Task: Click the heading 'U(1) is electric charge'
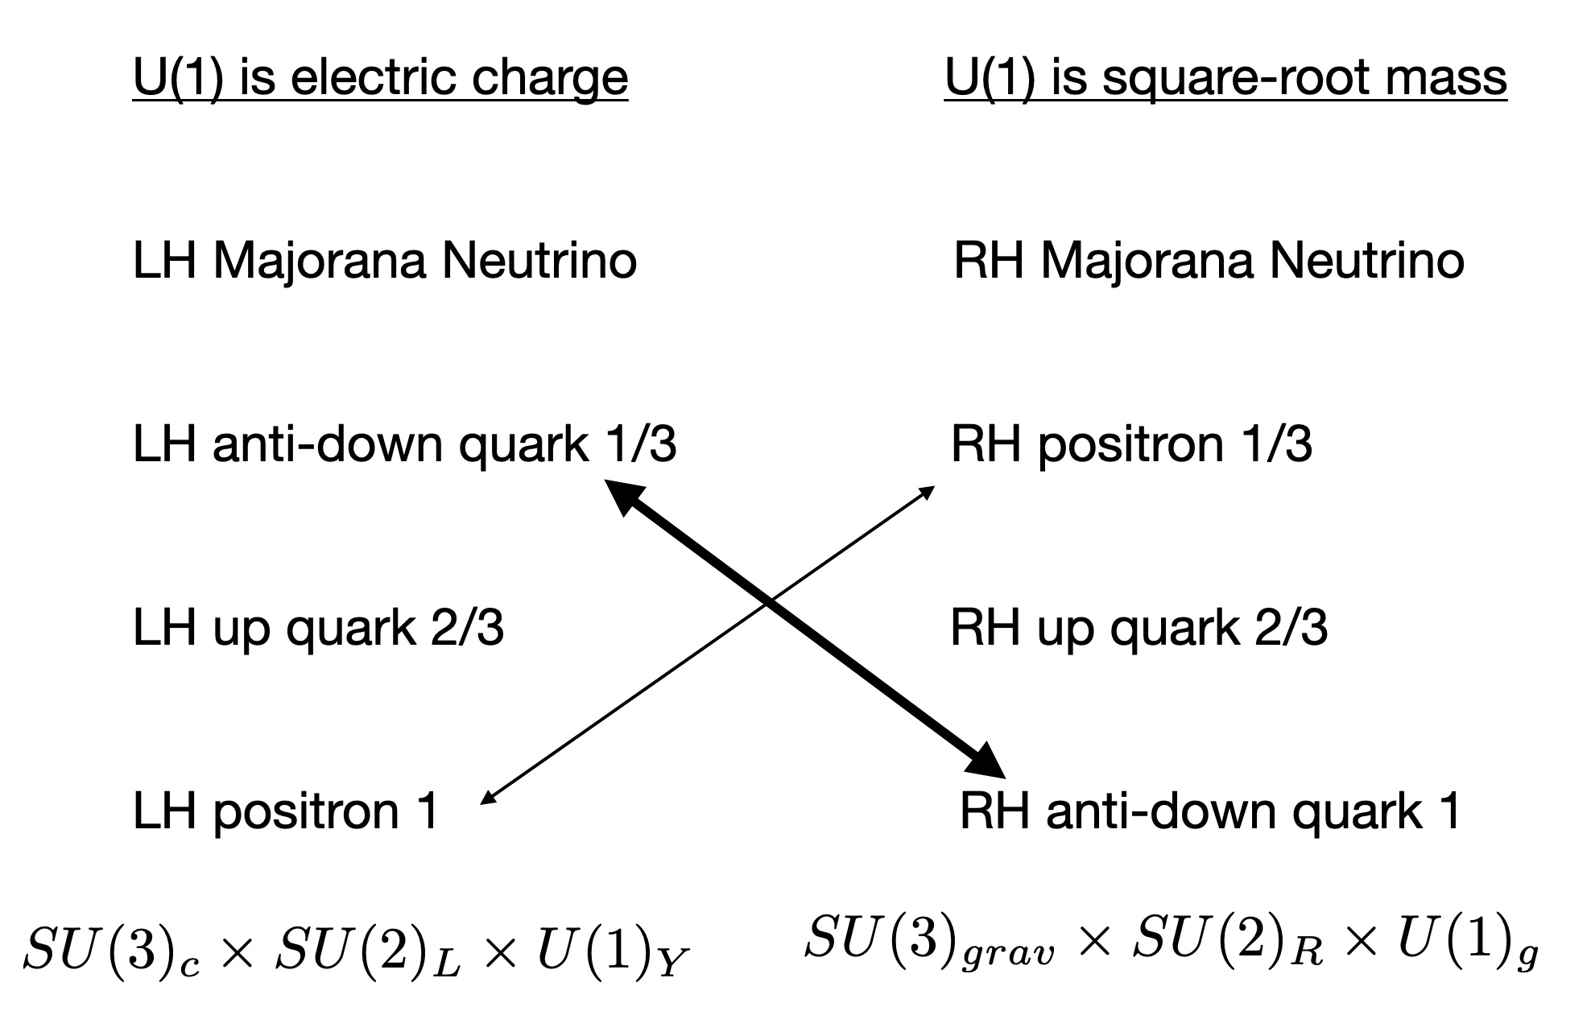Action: pos(380,79)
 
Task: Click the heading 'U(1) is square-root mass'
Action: pos(1225,79)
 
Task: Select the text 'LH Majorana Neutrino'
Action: pos(384,262)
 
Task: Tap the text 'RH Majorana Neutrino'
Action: pos(1208,262)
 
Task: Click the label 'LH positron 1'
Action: pos(285,811)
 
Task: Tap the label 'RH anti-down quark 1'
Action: pos(1209,811)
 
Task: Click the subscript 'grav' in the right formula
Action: pos(1011,955)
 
